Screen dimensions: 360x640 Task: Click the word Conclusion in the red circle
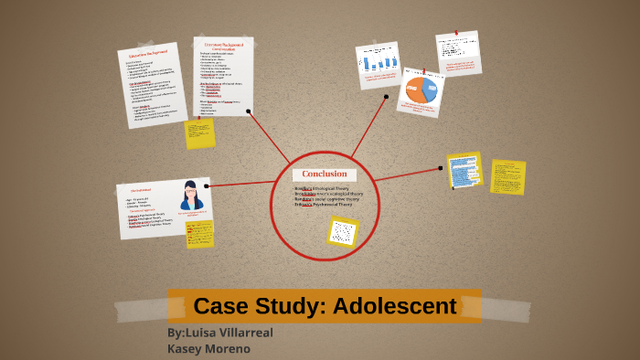[x=325, y=174]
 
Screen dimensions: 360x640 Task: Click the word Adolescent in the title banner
[x=395, y=306]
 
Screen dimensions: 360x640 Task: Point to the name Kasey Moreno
[x=208, y=348]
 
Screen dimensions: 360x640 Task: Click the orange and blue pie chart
[x=421, y=90]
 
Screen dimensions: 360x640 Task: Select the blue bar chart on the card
[x=379, y=64]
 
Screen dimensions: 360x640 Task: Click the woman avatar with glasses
[x=192, y=196]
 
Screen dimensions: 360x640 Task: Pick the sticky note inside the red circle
[x=342, y=231]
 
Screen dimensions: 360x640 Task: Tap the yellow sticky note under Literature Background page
[x=199, y=133]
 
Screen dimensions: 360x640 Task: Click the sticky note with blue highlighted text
[x=464, y=171]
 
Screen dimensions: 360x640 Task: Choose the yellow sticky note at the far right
[x=507, y=176]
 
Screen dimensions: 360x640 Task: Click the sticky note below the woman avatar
[x=198, y=232]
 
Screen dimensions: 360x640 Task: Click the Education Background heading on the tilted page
[x=146, y=56]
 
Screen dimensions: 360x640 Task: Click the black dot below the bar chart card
[x=387, y=96]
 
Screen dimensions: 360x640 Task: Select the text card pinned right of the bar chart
[x=458, y=53]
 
